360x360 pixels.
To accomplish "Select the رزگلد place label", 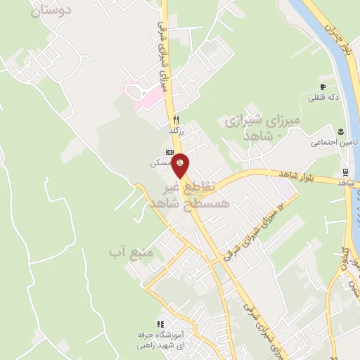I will (176, 130).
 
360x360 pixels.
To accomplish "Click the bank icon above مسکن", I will (169, 152).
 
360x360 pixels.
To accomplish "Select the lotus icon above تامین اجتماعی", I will (340, 131).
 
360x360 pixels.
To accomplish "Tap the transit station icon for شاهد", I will (345, 172).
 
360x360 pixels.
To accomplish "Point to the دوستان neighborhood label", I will (53, 11).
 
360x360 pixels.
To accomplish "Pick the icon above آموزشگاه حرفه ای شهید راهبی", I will (160, 324).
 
